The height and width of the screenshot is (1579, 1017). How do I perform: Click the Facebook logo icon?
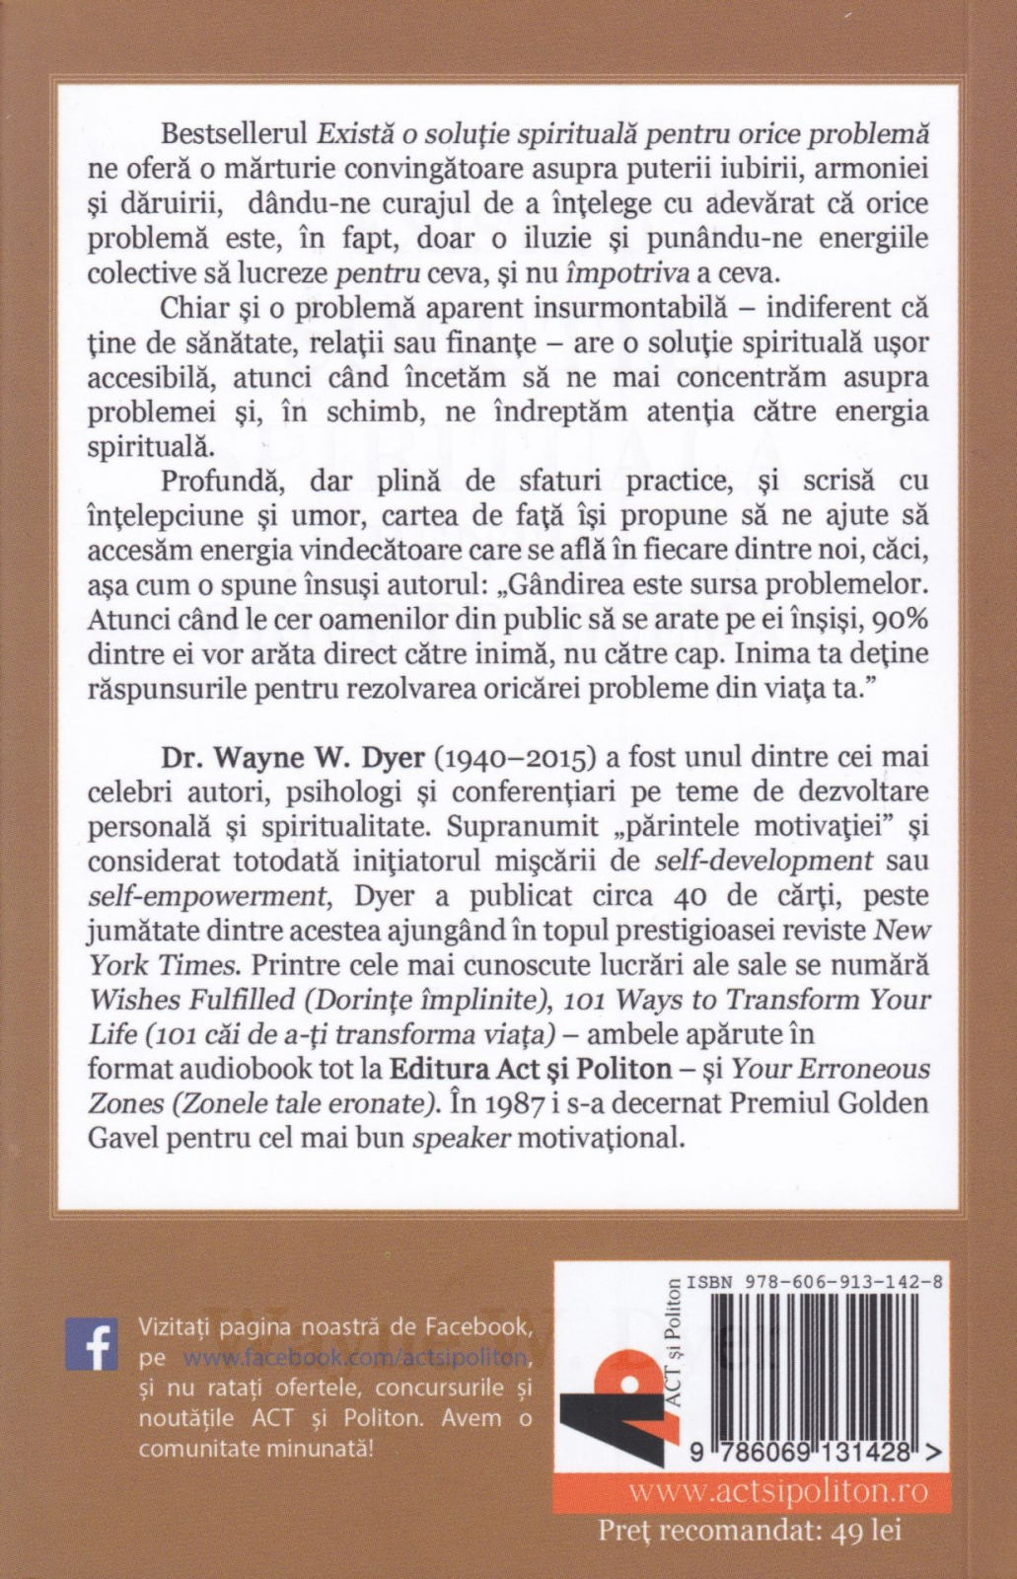click(91, 1342)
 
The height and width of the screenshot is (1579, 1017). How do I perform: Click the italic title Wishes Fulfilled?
click(192, 1000)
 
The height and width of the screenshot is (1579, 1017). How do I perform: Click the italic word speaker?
click(461, 1138)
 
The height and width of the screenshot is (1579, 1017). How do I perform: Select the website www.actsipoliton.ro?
click(778, 1490)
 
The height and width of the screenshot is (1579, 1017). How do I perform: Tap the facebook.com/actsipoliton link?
click(355, 1357)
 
